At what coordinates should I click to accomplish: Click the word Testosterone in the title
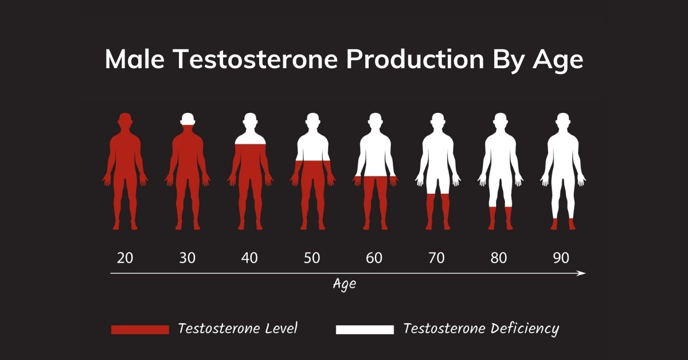point(256,58)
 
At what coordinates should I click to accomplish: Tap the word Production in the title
point(415,58)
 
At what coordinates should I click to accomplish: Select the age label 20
point(125,258)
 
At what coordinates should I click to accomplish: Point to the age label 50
point(312,258)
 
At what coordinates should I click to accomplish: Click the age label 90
point(561,258)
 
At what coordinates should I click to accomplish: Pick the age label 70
point(436,258)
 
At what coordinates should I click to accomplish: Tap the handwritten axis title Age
point(345,284)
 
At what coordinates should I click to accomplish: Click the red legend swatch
point(140,330)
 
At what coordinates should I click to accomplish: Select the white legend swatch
point(365,330)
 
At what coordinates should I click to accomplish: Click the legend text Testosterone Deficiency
point(481,329)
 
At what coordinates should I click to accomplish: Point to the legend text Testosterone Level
point(238,328)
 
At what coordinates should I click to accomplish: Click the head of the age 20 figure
point(125,120)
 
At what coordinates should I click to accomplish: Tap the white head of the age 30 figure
point(187,119)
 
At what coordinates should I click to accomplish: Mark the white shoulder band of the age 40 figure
point(251,139)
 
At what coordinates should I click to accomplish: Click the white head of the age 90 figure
point(563,120)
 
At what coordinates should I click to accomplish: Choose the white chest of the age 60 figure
point(376,154)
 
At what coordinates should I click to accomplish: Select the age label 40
point(249,258)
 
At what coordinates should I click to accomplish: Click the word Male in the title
point(135,58)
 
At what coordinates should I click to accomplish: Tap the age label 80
point(499,258)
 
